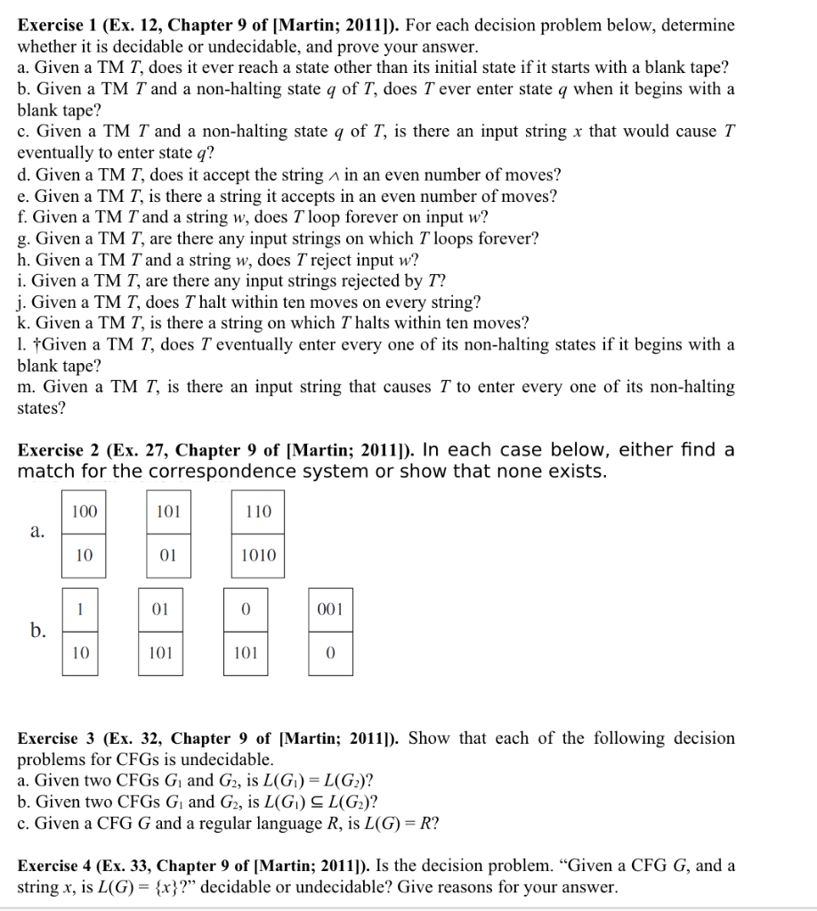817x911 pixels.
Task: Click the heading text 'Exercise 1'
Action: click(x=57, y=25)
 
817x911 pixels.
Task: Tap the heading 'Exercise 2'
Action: click(x=57, y=450)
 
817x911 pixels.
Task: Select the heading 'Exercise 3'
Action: click(x=57, y=738)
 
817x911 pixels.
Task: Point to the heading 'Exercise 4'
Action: click(x=57, y=866)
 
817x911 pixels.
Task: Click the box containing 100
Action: click(x=85, y=512)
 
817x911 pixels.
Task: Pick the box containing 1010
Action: click(x=259, y=555)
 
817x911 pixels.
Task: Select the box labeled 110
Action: click(x=259, y=512)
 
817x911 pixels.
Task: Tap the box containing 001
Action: click(x=330, y=609)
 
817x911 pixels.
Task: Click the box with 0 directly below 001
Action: click(x=330, y=653)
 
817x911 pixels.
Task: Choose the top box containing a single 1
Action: click(x=81, y=609)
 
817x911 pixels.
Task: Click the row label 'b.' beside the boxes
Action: click(x=36, y=632)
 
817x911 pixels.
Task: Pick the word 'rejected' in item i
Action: click(x=250, y=280)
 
